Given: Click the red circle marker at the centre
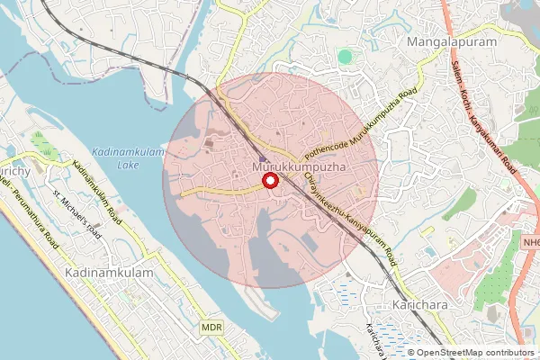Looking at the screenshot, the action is pyautogui.click(x=268, y=182).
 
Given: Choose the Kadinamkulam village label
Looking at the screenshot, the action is pyautogui.click(x=105, y=270).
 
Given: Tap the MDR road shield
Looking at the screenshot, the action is pyautogui.click(x=211, y=328).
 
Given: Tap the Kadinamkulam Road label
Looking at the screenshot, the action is pyautogui.click(x=95, y=191).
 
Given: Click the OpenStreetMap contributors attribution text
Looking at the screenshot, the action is pyautogui.click(x=475, y=352).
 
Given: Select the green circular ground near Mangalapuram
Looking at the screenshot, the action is pyautogui.click(x=345, y=57).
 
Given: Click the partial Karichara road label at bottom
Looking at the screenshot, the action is pyautogui.click(x=376, y=339).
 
